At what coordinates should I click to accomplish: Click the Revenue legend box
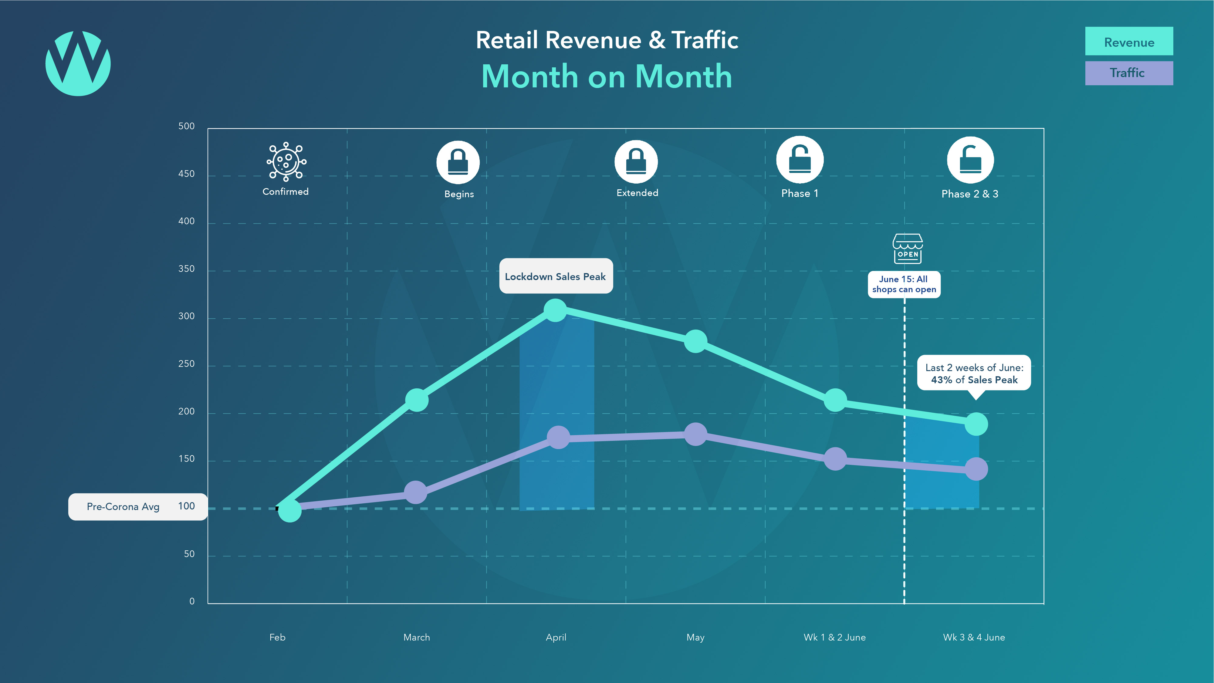point(1129,42)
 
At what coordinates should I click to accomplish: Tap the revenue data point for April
point(555,310)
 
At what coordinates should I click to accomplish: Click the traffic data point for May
point(695,434)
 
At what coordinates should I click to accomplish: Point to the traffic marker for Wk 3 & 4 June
point(976,469)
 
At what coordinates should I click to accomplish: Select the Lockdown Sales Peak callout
point(556,276)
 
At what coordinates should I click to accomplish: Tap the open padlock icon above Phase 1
point(800,160)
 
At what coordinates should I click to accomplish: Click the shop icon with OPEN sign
point(908,249)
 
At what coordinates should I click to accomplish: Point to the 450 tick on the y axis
point(187,174)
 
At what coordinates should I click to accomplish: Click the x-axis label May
point(695,637)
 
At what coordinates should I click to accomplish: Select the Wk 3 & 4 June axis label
point(974,637)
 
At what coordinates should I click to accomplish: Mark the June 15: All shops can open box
point(904,284)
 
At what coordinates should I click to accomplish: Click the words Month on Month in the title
point(607,76)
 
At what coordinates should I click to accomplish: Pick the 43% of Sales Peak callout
point(974,373)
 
